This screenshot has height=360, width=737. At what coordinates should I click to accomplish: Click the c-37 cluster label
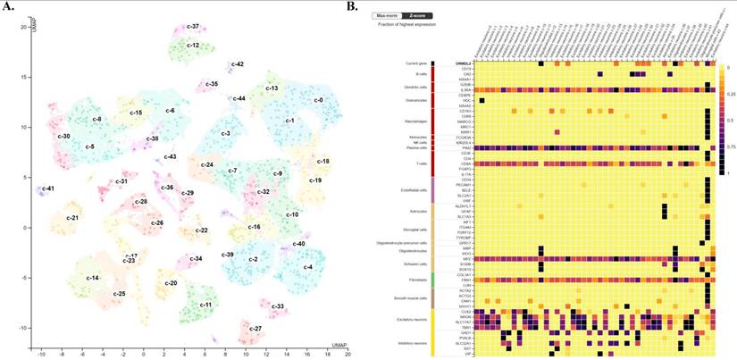[x=194, y=27]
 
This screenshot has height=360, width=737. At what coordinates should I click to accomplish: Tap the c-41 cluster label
[x=48, y=188]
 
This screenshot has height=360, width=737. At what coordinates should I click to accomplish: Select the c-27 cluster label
[x=255, y=329]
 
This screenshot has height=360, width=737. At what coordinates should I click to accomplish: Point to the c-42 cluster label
[x=239, y=64]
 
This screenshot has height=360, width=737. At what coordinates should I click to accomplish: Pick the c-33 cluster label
[x=279, y=306]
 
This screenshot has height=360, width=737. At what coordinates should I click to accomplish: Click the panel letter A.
[x=8, y=7]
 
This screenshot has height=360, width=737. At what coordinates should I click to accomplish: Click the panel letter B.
[x=352, y=7]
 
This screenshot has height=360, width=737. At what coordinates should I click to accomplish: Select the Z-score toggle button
[x=416, y=16]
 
